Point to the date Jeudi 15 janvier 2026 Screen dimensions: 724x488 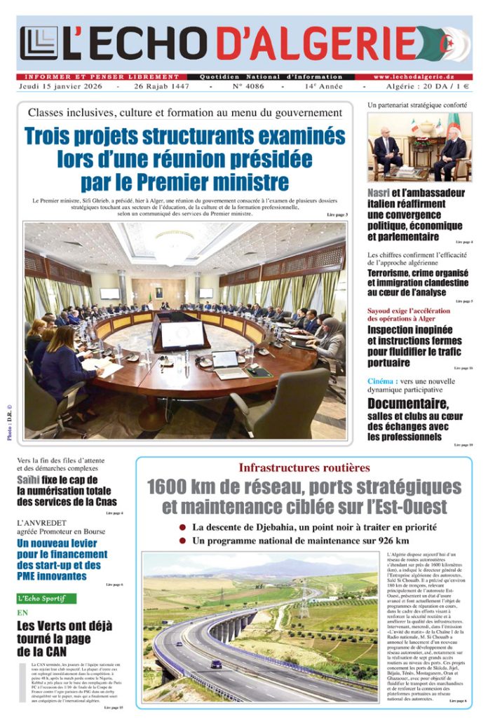[x=60, y=86]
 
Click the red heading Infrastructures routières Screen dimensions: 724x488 [x=304, y=467]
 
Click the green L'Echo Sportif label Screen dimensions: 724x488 [x=46, y=599]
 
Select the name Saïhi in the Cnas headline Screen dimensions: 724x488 [x=33, y=480]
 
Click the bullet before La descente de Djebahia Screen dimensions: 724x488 [x=182, y=527]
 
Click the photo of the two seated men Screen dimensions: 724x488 [x=419, y=146]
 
